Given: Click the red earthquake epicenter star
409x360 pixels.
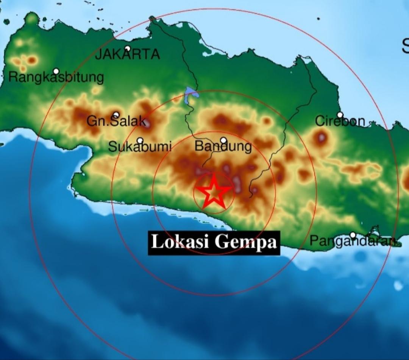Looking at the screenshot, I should coord(214,192).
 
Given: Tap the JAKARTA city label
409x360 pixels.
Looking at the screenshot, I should coord(128,55).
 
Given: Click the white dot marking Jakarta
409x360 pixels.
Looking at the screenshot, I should coord(128,48).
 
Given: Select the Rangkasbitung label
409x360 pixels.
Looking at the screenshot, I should coord(56,77).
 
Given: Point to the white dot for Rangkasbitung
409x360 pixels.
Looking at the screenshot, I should coord(56,71).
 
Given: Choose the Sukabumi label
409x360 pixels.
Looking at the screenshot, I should coord(140,146).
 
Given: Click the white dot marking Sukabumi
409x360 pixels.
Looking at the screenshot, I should coord(140,140).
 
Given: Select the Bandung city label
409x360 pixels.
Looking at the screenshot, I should coord(223,146).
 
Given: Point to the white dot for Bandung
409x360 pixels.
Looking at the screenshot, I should coord(223,140).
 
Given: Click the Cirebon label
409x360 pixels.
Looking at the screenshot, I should coord(340,121).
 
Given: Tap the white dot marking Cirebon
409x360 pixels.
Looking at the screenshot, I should coord(340,115).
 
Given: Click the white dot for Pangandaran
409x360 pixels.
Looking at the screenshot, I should coord(353,235).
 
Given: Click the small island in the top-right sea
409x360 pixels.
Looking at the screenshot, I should coord(318,18).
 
